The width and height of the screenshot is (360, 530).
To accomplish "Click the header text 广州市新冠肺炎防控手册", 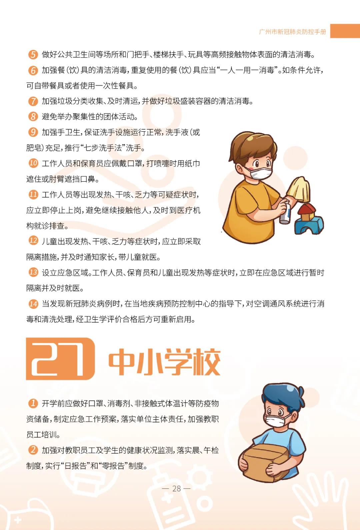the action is coord(293,32).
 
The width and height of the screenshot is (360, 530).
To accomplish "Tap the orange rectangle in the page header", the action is coord(345,31).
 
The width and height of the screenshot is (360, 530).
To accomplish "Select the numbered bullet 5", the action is coord(33,55).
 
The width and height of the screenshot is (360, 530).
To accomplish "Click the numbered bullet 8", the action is coord(33,117).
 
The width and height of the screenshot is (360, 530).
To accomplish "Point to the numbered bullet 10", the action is coord(33,163).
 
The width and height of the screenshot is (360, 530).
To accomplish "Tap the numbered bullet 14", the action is coord(33,304).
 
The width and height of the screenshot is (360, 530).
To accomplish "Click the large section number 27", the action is coord(60,359).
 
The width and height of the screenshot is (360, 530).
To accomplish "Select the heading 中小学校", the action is coord(164,361).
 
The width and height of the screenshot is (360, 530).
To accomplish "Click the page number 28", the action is coord(177,489).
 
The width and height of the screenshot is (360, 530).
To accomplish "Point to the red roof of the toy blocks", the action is coord(306,209).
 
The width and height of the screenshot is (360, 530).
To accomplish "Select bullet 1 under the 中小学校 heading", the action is coord(33,403).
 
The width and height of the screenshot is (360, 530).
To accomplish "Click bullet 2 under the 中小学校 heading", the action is coord(33,450).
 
